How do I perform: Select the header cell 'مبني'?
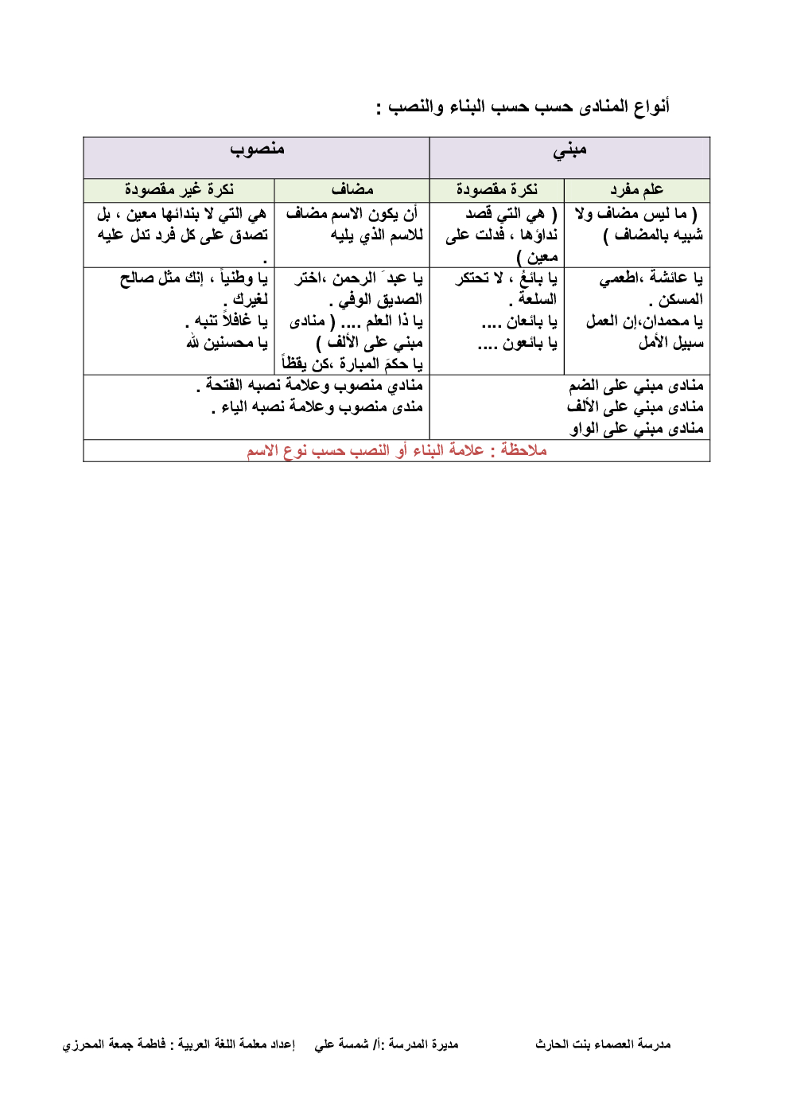(x=569, y=150)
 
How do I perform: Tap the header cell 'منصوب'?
(x=257, y=149)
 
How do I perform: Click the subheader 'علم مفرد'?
(x=636, y=189)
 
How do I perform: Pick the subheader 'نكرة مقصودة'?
(x=496, y=189)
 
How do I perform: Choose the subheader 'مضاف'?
(x=352, y=189)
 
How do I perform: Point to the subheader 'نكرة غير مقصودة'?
(x=179, y=189)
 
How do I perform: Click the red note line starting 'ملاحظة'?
(x=396, y=450)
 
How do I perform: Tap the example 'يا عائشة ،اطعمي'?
(x=651, y=278)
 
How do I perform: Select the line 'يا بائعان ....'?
(x=519, y=321)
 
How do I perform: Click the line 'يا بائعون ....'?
(x=517, y=343)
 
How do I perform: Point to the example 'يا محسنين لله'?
(x=227, y=343)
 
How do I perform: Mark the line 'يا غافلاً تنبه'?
(x=227, y=321)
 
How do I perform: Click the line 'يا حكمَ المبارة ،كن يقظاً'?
(x=352, y=364)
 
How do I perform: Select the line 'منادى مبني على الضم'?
(x=635, y=386)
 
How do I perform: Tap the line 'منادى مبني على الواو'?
(x=635, y=429)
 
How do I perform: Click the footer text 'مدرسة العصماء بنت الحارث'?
(x=603, y=1044)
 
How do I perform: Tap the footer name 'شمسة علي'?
(x=341, y=1044)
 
